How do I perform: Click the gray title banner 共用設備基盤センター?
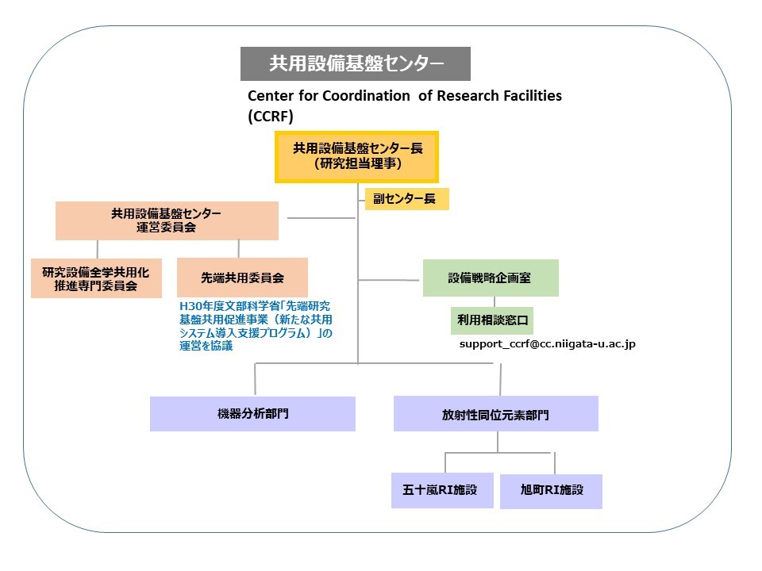(356, 63)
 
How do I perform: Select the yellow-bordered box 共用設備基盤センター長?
(356, 157)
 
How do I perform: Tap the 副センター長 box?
(406, 198)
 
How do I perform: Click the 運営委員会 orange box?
(167, 220)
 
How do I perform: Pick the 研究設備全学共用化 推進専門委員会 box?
(96, 278)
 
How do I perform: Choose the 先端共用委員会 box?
(242, 278)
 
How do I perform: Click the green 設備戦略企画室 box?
(491, 278)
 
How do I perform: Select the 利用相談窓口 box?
(492, 320)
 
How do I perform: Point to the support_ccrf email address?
(547, 344)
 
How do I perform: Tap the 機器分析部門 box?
(252, 414)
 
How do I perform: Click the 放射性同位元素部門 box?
(495, 414)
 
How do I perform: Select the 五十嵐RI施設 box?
(442, 490)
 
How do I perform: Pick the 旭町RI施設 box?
(551, 492)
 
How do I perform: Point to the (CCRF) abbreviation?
(271, 117)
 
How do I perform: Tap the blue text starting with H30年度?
(256, 326)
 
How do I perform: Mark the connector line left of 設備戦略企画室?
(388, 280)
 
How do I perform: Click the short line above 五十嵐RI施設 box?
(445, 462)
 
